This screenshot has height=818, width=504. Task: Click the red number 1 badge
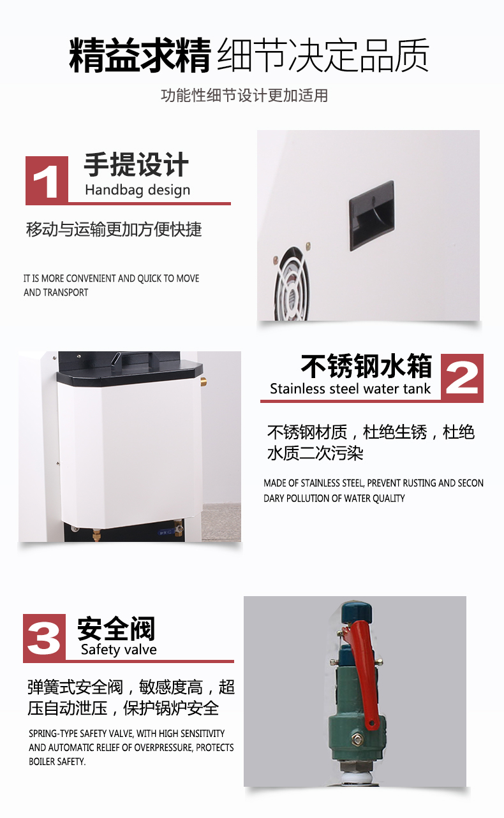click(47, 180)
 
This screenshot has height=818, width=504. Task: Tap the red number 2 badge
click(462, 378)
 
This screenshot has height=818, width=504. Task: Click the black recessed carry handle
click(372, 215)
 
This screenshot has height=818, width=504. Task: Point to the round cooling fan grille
click(292, 284)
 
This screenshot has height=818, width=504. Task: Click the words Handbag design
click(137, 190)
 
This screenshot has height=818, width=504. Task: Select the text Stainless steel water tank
click(350, 388)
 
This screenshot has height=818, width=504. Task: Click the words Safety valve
click(119, 650)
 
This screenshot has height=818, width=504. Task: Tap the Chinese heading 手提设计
click(137, 164)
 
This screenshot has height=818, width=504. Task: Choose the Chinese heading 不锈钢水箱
click(367, 366)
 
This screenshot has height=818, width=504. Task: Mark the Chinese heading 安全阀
click(116, 628)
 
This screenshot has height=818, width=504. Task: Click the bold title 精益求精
click(140, 55)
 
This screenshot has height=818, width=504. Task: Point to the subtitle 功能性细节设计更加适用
click(244, 96)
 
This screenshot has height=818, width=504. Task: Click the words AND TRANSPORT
click(56, 293)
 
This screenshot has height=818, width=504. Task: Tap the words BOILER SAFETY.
click(57, 762)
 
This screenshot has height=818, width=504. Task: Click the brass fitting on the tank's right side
click(204, 382)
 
